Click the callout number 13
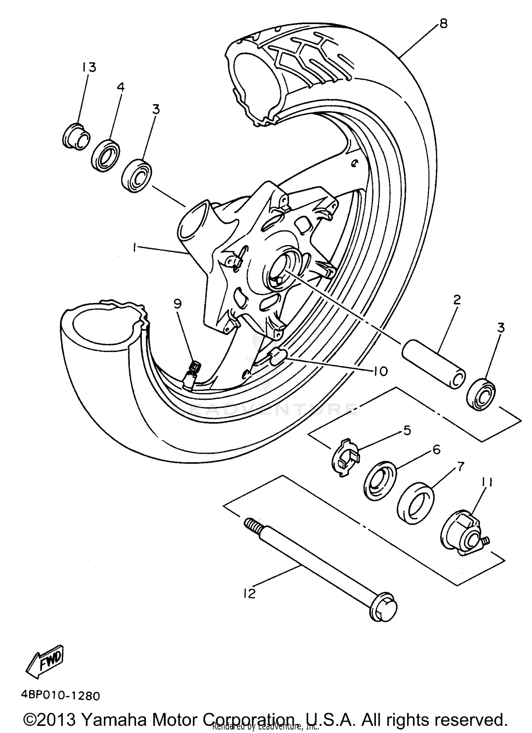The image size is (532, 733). click(89, 67)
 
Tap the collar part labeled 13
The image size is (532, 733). click(76, 136)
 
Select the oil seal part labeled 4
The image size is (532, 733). click(105, 156)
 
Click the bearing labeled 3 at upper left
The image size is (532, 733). click(138, 176)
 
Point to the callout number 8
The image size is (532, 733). click(443, 23)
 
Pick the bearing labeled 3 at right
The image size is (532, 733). click(481, 395)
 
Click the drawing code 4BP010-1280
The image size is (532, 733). click(60, 695)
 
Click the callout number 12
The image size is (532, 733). click(249, 593)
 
